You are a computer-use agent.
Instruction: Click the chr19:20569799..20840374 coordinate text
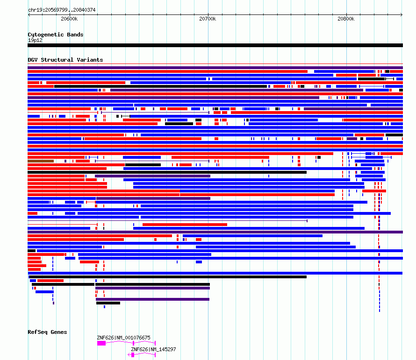coord(62,10)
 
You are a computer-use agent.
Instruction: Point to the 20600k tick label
coord(69,19)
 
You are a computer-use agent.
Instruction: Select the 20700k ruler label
coord(208,19)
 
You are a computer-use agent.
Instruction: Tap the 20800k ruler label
coord(346,19)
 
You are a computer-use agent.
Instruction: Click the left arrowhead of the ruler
coord(29,15)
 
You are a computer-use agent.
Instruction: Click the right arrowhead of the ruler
coord(402,15)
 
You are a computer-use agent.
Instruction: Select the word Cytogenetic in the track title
coord(46,35)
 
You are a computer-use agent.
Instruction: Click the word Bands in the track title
coord(75,35)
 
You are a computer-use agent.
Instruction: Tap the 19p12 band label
coord(35,40)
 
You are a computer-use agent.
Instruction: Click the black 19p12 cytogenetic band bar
coord(215,45)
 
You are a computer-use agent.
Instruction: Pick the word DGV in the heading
coord(33,60)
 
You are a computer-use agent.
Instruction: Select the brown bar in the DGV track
coord(41,161)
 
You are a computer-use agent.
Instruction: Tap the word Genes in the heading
coord(58,332)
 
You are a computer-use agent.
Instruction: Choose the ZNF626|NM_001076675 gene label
coord(124,338)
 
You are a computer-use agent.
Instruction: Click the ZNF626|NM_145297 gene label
coord(153,349)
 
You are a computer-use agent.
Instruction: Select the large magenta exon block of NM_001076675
coord(101,343)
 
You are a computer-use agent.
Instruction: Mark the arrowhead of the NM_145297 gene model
coord(129,355)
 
